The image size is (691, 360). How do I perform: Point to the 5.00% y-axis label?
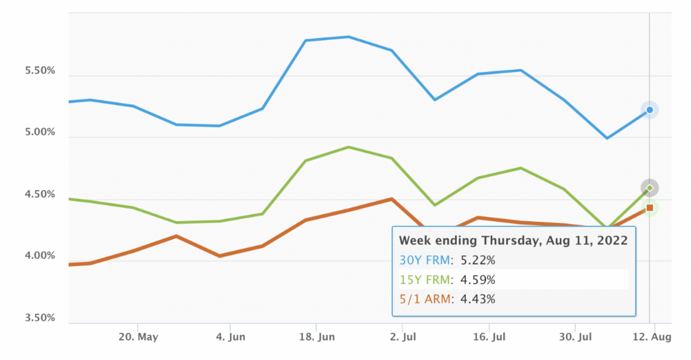click(x=39, y=132)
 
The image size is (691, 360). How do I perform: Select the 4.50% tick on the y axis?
click(x=39, y=194)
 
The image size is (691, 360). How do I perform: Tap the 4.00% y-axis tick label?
click(x=39, y=256)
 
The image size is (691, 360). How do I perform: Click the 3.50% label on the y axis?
click(x=39, y=318)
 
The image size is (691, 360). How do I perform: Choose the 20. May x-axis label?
click(x=137, y=338)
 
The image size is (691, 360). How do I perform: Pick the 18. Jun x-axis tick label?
click(x=317, y=338)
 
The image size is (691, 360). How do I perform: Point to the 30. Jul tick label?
click(x=575, y=338)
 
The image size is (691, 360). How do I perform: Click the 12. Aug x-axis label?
click(x=655, y=338)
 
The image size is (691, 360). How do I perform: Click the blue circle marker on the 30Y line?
click(x=650, y=109)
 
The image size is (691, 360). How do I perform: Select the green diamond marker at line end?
click(x=650, y=188)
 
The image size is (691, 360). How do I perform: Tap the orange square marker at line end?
click(x=650, y=208)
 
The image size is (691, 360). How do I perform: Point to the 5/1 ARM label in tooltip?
click(x=424, y=299)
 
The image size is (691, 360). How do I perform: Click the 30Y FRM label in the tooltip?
click(x=424, y=260)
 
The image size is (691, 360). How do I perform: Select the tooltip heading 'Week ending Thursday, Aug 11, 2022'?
click(x=513, y=240)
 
